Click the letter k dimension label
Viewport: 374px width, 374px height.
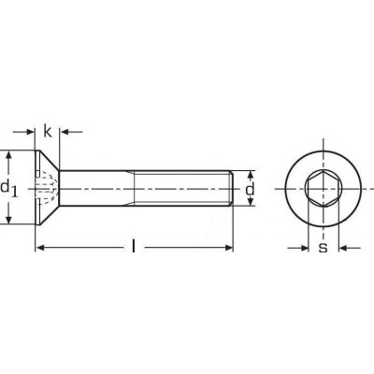(48, 131)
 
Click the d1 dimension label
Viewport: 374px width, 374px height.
(9, 189)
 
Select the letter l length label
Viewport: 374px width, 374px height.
(134, 246)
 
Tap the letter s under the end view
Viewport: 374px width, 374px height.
(324, 248)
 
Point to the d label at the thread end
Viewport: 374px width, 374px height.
(250, 189)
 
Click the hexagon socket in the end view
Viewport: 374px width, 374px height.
(324, 189)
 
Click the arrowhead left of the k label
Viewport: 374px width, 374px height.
(30, 132)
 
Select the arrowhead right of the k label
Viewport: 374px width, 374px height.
(65, 132)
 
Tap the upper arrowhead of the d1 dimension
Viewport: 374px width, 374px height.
(9, 155)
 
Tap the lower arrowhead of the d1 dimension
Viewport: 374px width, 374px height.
(9, 220)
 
